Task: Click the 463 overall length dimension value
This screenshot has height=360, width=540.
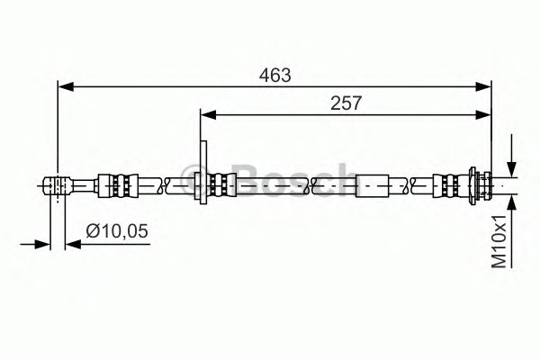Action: click(274, 75)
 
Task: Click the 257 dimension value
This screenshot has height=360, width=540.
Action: click(346, 103)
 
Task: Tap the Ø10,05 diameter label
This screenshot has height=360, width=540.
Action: click(117, 230)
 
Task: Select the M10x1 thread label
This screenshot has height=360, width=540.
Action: click(499, 241)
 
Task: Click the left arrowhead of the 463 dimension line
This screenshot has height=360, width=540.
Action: click(66, 86)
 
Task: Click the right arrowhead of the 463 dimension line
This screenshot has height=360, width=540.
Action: click(483, 86)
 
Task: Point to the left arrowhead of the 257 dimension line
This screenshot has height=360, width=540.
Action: click(208, 114)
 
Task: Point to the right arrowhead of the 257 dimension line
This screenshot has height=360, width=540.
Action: click(483, 114)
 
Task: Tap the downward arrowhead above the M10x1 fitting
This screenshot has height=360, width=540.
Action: click(512, 169)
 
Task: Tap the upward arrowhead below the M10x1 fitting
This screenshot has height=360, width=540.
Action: click(512, 203)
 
